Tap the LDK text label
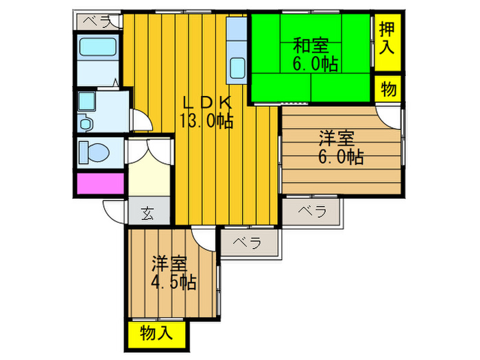207,103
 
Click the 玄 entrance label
148,214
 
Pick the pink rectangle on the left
100,184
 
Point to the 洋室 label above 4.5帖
170,263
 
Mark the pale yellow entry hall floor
148,176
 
